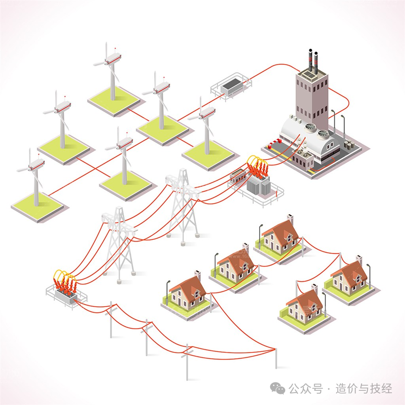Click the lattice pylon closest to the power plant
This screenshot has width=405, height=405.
(x=183, y=208)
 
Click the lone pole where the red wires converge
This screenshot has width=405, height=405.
(x=276, y=356)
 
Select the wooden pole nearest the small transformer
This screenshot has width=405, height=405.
(x=111, y=320)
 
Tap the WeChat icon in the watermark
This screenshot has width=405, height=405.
(x=280, y=389)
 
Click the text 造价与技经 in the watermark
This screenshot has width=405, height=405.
(x=364, y=389)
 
